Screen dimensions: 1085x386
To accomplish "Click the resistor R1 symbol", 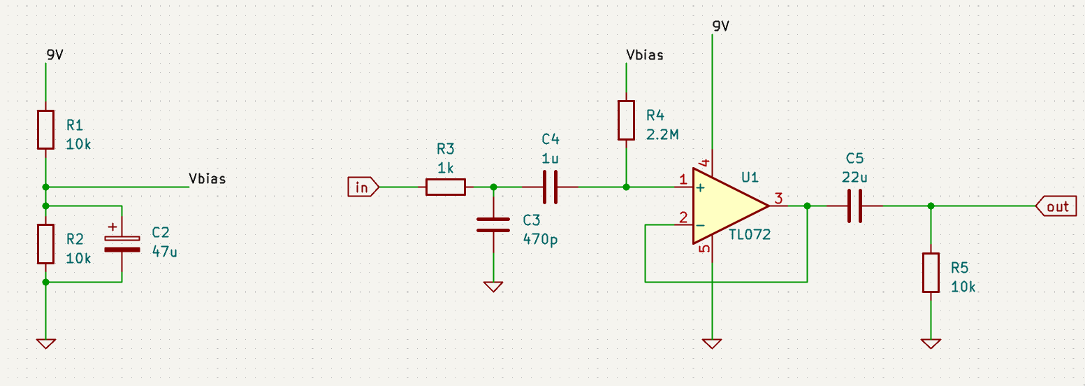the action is point(45,129).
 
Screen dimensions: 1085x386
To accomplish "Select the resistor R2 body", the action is point(45,244).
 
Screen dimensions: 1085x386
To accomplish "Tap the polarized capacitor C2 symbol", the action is point(122,244).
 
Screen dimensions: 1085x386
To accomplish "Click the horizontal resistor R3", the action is point(446,187).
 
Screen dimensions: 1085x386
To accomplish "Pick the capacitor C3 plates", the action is point(493,225).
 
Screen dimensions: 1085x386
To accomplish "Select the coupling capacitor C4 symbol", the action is point(551,187).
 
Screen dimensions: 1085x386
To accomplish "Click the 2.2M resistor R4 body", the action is point(626,120).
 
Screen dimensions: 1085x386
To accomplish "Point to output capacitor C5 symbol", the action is point(855,206).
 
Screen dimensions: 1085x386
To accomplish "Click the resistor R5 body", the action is point(931,273).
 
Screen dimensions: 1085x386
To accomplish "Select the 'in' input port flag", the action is point(363,187).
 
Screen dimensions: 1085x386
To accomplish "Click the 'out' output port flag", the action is point(1056,206).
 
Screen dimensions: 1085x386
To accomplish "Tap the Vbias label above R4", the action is point(645,55).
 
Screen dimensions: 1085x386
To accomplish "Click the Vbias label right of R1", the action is point(207,178).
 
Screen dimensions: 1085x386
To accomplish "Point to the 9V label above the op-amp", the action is point(721,26).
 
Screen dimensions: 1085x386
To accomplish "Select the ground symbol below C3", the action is point(493,287).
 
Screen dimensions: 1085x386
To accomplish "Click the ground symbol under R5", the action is point(931,344).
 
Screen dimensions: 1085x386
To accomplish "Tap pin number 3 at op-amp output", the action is point(778,198).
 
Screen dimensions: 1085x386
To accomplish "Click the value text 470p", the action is point(540,239).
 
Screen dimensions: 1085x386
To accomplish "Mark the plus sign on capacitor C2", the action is point(112,227).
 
